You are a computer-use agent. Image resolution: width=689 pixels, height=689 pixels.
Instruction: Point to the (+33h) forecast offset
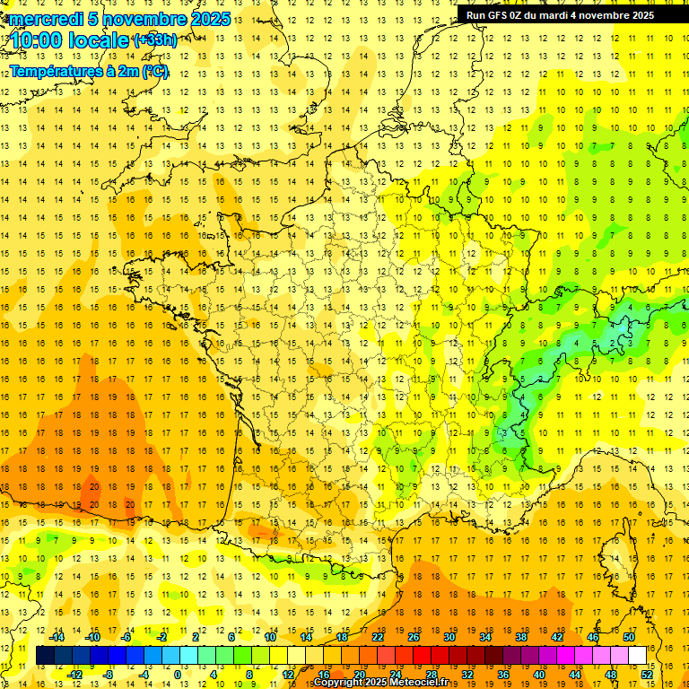point(155,39)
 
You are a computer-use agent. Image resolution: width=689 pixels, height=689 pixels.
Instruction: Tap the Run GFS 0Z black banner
point(560,14)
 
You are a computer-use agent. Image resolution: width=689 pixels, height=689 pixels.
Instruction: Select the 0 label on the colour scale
point(178,675)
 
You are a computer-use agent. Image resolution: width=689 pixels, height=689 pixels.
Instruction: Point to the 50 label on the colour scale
point(629,637)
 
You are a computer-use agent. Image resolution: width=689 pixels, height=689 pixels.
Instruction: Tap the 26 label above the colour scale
point(414,637)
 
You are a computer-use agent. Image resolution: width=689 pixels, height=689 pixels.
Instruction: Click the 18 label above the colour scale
point(342,637)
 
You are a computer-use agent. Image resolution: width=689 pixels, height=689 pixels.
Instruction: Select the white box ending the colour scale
point(637,656)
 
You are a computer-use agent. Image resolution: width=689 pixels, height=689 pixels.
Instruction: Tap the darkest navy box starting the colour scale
point(45,656)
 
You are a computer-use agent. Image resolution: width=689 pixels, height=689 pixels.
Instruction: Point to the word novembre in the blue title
point(144,19)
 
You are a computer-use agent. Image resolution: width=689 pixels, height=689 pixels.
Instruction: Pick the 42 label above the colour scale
point(557,637)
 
